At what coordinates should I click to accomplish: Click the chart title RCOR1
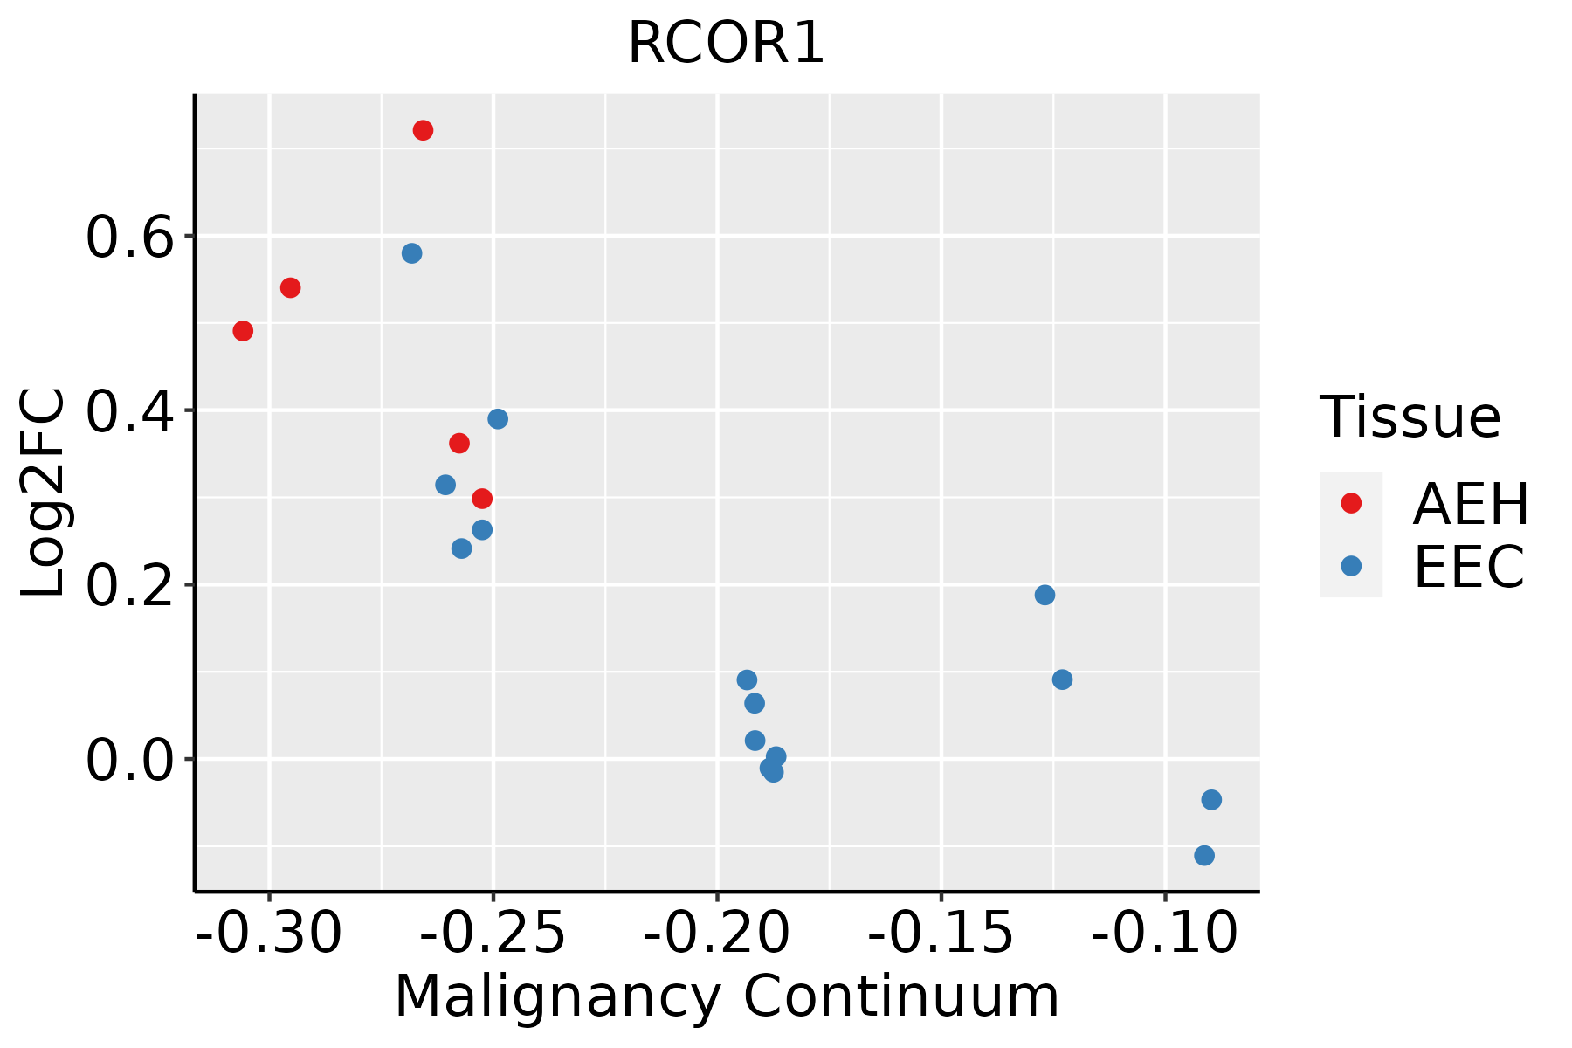tap(726, 44)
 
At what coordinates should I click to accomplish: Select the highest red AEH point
tap(423, 130)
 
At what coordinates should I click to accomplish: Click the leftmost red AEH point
tap(243, 331)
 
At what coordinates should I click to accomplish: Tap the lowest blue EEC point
tap(1204, 855)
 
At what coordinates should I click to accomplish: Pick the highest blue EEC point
tap(411, 253)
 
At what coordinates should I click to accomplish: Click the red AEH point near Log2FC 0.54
tap(290, 287)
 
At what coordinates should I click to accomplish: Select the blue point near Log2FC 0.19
tap(1045, 595)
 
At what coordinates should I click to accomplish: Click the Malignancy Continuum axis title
tap(727, 996)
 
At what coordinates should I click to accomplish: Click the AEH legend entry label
tap(1471, 504)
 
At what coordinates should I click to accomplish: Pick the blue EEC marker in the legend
tap(1351, 566)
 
